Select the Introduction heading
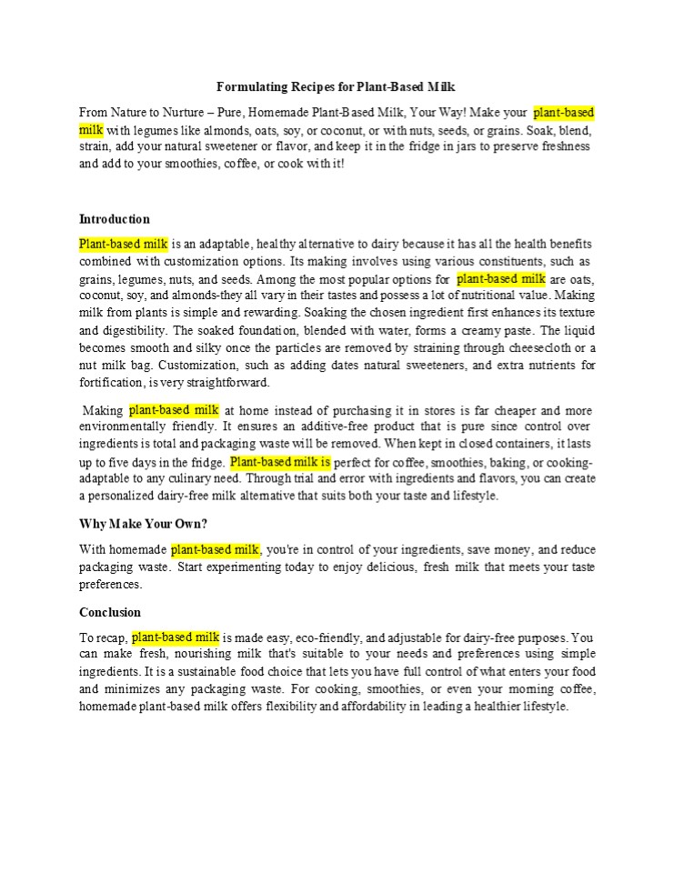coord(115,219)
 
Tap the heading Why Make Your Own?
coord(143,524)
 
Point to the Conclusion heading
coord(110,612)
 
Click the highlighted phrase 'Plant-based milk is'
coord(280,462)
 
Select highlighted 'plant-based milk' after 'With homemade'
coord(216,549)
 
